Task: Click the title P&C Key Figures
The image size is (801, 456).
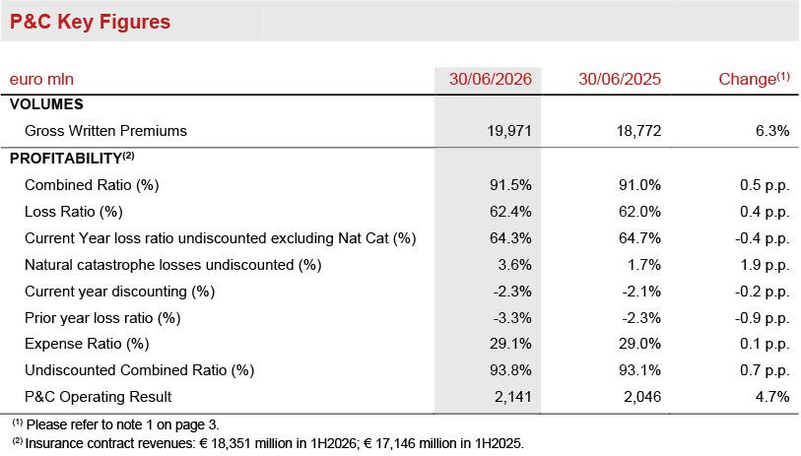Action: (90, 22)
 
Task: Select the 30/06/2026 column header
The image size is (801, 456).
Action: (491, 79)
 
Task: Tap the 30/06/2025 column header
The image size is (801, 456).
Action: (620, 79)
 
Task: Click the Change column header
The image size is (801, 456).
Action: (754, 79)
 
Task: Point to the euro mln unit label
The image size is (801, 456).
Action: (41, 79)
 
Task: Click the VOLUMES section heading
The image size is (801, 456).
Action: (46, 104)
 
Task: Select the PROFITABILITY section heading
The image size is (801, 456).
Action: (72, 158)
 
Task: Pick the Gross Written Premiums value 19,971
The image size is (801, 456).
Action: (509, 131)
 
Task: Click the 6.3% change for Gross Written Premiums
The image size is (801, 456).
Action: (772, 131)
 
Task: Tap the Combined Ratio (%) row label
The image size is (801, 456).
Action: (92, 185)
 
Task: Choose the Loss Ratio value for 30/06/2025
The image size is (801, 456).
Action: (639, 212)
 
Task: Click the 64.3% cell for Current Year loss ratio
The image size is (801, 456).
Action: (510, 238)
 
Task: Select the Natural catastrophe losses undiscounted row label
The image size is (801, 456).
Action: (173, 265)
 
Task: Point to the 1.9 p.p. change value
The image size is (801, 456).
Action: (765, 265)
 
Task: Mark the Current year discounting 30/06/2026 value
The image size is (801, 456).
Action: (512, 292)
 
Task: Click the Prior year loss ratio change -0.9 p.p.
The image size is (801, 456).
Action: (763, 318)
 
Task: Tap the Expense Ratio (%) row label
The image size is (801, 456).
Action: (87, 344)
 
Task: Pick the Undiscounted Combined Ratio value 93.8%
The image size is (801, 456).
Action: (510, 370)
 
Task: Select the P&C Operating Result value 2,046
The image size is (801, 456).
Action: (642, 397)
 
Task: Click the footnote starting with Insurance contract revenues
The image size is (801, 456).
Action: (268, 443)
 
